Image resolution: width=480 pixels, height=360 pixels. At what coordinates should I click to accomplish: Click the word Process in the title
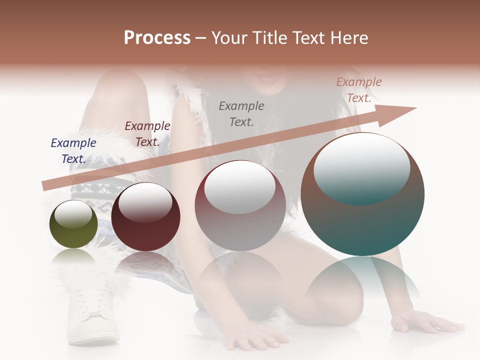pyautogui.click(x=157, y=38)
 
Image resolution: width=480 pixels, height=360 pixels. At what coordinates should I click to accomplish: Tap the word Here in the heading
pyautogui.click(x=348, y=38)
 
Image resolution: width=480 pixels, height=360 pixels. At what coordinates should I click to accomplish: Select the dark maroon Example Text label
pyautogui.click(x=147, y=134)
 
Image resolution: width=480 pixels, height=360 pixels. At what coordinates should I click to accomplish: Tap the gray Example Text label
pyautogui.click(x=241, y=113)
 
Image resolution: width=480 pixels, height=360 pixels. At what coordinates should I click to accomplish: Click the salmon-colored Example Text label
pyautogui.click(x=358, y=90)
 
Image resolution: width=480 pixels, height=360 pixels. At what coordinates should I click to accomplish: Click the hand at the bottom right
pyautogui.click(x=425, y=322)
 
